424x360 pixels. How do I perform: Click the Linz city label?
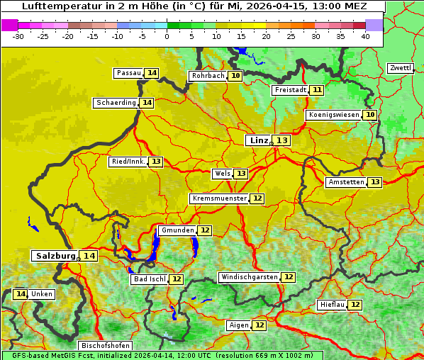(x=258, y=140)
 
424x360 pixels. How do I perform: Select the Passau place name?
(x=129, y=73)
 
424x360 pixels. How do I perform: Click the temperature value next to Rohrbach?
(x=235, y=76)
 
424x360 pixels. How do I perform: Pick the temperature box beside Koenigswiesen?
(x=370, y=115)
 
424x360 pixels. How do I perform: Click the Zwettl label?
(x=400, y=68)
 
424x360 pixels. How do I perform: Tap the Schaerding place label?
(x=116, y=103)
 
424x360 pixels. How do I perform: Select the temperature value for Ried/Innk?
(x=156, y=162)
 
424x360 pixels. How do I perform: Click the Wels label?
(x=222, y=174)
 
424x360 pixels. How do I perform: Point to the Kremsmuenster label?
(x=219, y=198)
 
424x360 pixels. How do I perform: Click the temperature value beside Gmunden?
(x=205, y=230)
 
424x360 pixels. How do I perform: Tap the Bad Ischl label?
(x=149, y=279)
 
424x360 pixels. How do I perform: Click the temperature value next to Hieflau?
(x=355, y=305)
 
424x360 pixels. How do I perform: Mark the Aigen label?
(x=238, y=325)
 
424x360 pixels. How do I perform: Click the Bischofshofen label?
(x=105, y=346)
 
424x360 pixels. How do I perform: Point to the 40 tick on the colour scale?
(x=364, y=36)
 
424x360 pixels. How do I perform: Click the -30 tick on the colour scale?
(x=18, y=36)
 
